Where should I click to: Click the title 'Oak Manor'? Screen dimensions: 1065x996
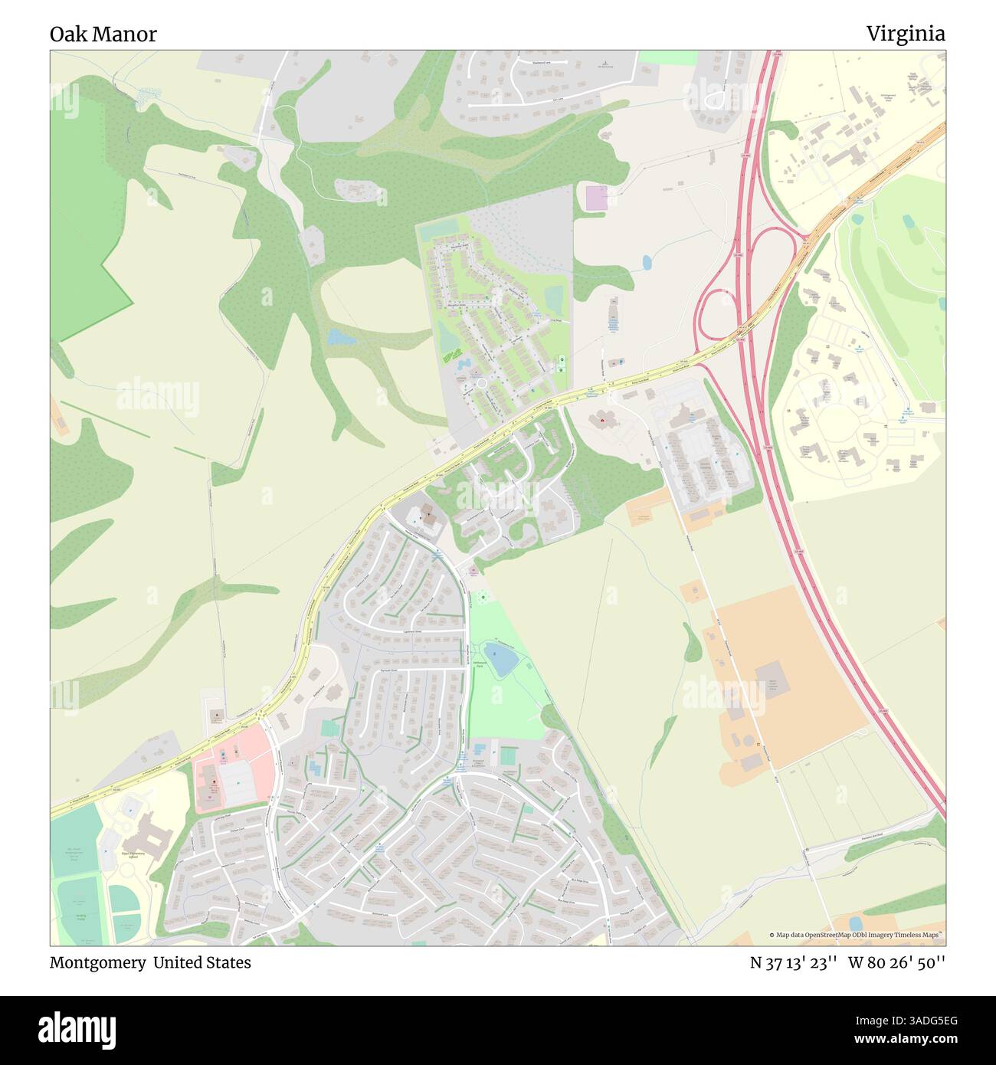tap(103, 34)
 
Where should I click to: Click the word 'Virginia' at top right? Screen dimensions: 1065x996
tap(906, 34)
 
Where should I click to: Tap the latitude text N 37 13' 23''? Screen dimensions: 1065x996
tap(792, 962)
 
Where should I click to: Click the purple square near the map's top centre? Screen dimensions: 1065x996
tap(596, 198)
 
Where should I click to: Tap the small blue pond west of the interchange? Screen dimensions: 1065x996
tap(647, 263)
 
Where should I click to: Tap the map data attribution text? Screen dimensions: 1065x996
tap(856, 935)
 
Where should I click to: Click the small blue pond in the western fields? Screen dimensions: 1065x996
tap(336, 336)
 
